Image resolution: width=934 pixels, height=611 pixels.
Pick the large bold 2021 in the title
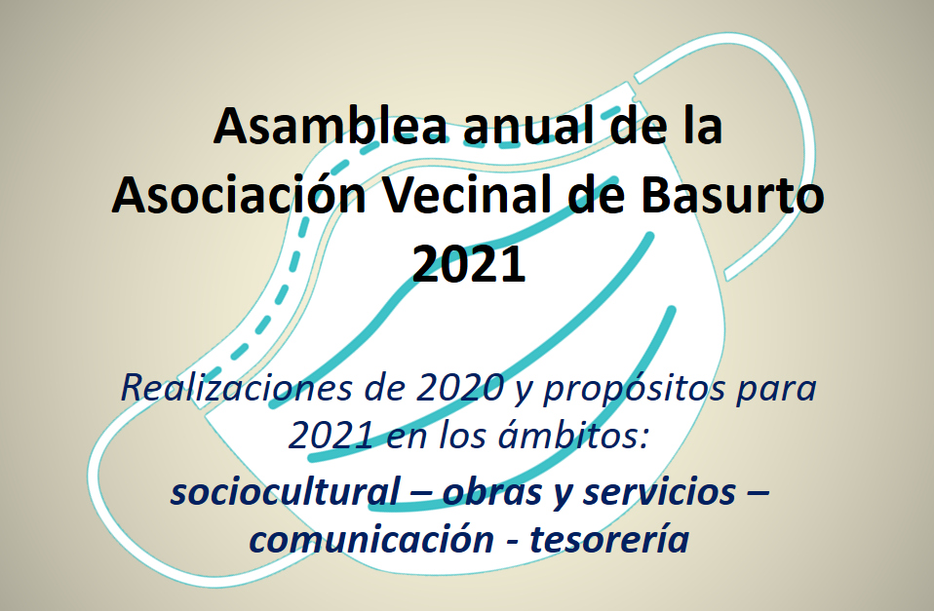[468, 263]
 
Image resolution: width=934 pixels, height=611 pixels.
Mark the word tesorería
[609, 539]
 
